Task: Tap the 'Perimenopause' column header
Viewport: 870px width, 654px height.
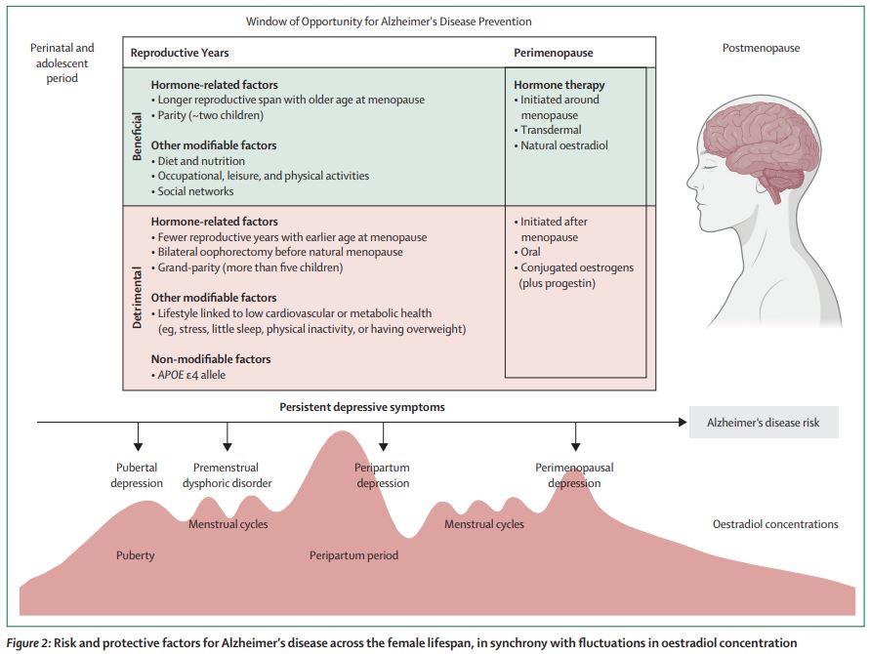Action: tap(553, 53)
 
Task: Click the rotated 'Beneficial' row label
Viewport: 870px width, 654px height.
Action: tap(138, 136)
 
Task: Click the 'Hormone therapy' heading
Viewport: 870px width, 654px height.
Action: tap(559, 85)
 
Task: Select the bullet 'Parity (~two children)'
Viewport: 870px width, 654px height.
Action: tap(212, 114)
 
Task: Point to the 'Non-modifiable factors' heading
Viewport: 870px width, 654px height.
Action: tap(211, 359)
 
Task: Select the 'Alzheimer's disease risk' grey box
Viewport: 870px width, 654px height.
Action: tap(764, 423)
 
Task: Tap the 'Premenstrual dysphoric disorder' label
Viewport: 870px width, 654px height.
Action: tap(227, 475)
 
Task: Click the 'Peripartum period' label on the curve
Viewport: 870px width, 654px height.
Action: tap(353, 555)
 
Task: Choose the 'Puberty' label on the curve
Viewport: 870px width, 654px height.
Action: tap(136, 555)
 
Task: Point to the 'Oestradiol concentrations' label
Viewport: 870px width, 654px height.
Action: tap(775, 524)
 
